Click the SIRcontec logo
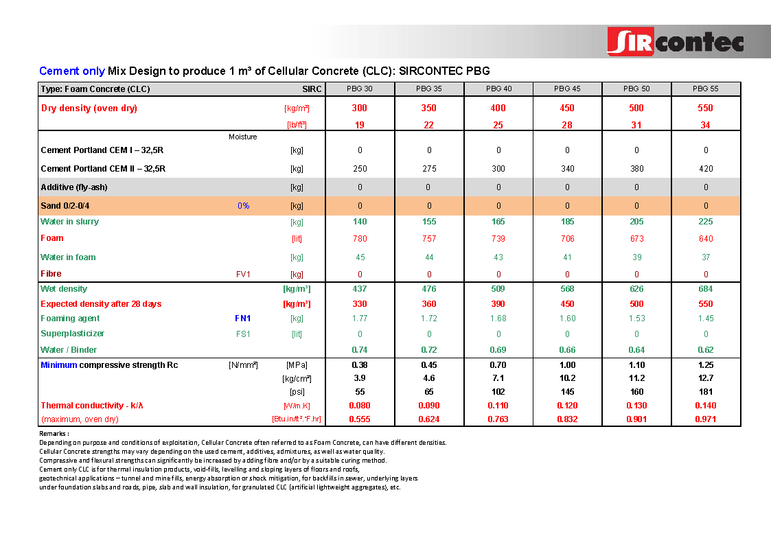pos(675,41)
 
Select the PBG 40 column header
pos(498,89)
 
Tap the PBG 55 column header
pos(705,89)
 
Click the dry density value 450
pos(567,108)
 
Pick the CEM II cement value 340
pos(567,169)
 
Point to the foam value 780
pos(360,239)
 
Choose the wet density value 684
pos(705,289)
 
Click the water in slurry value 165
pos(498,222)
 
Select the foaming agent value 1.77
pos(360,318)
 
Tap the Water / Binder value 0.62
pos(705,350)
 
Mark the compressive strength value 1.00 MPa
pos(567,365)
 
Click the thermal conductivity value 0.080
pos(360,406)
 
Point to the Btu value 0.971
pos(705,419)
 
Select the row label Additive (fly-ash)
pos(74,187)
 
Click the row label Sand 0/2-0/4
pos(65,206)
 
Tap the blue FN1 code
pos(242,318)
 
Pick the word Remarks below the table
pos(54,434)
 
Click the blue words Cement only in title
pos(72,71)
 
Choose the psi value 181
pos(705,392)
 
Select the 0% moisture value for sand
pos(243,206)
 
